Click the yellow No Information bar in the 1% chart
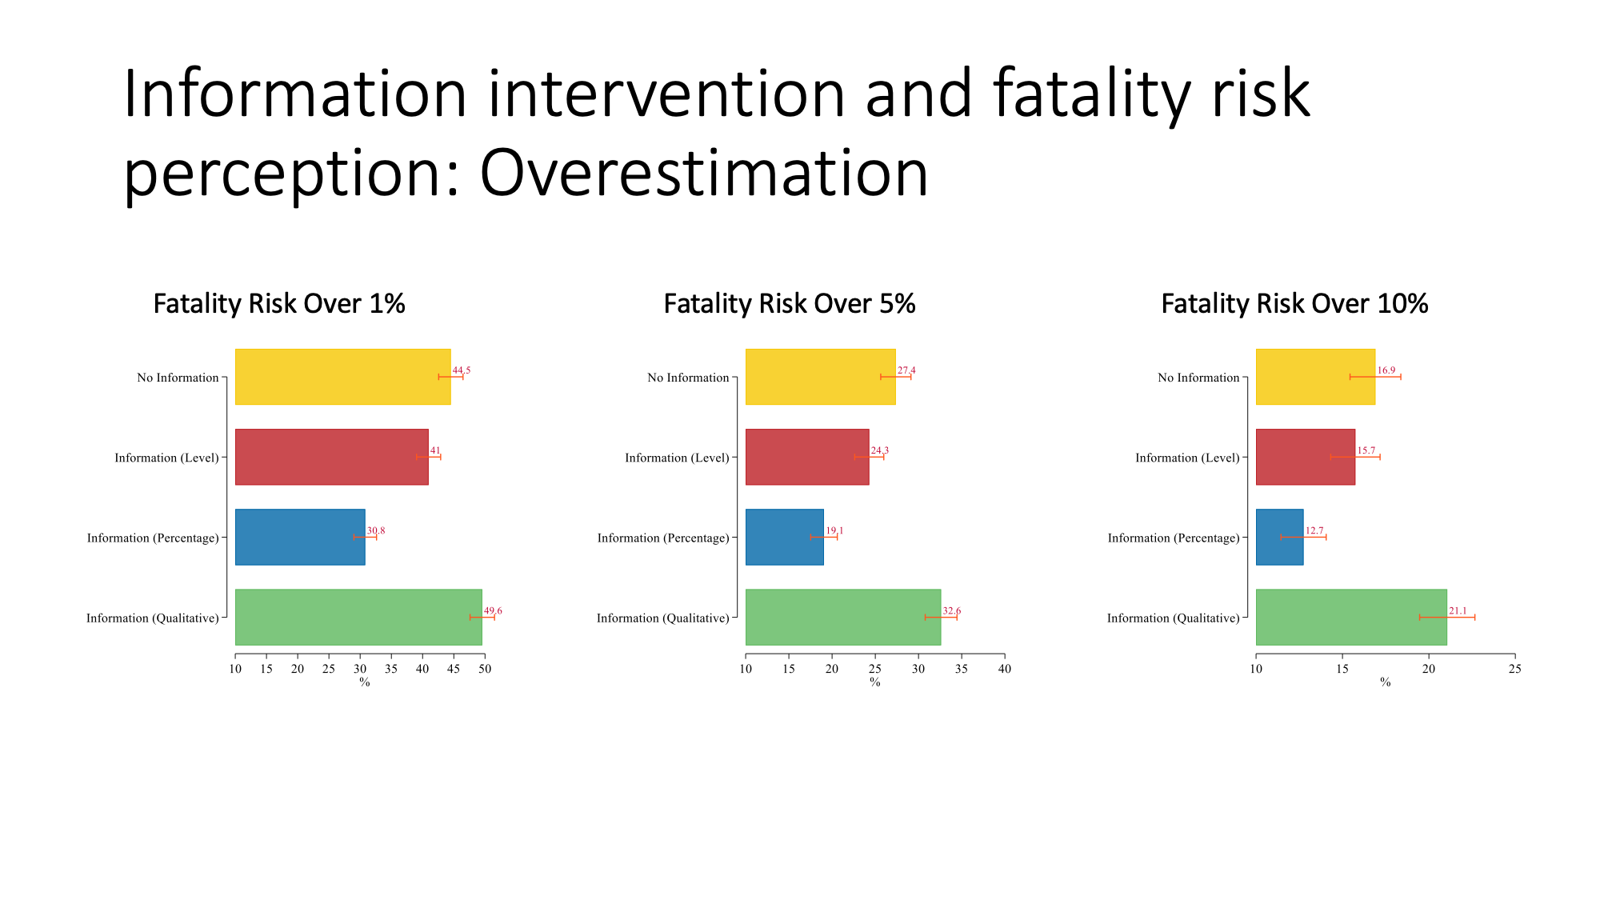click(343, 377)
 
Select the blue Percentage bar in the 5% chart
click(785, 537)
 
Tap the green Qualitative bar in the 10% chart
click(1351, 617)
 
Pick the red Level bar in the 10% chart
click(1306, 457)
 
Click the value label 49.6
click(493, 611)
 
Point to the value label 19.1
click(834, 531)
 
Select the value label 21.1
click(1458, 611)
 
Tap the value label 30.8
click(376, 531)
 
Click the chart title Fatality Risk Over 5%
click(790, 304)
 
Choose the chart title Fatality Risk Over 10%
click(1294, 304)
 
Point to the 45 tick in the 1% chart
click(454, 669)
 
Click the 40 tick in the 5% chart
click(1005, 669)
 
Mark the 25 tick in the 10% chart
click(1514, 669)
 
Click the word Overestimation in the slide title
click(704, 173)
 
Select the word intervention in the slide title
click(666, 94)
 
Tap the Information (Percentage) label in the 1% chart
click(153, 538)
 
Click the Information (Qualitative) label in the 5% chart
click(663, 618)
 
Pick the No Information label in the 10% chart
click(1198, 378)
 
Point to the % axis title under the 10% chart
click(1386, 682)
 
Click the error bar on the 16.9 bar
click(1375, 377)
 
